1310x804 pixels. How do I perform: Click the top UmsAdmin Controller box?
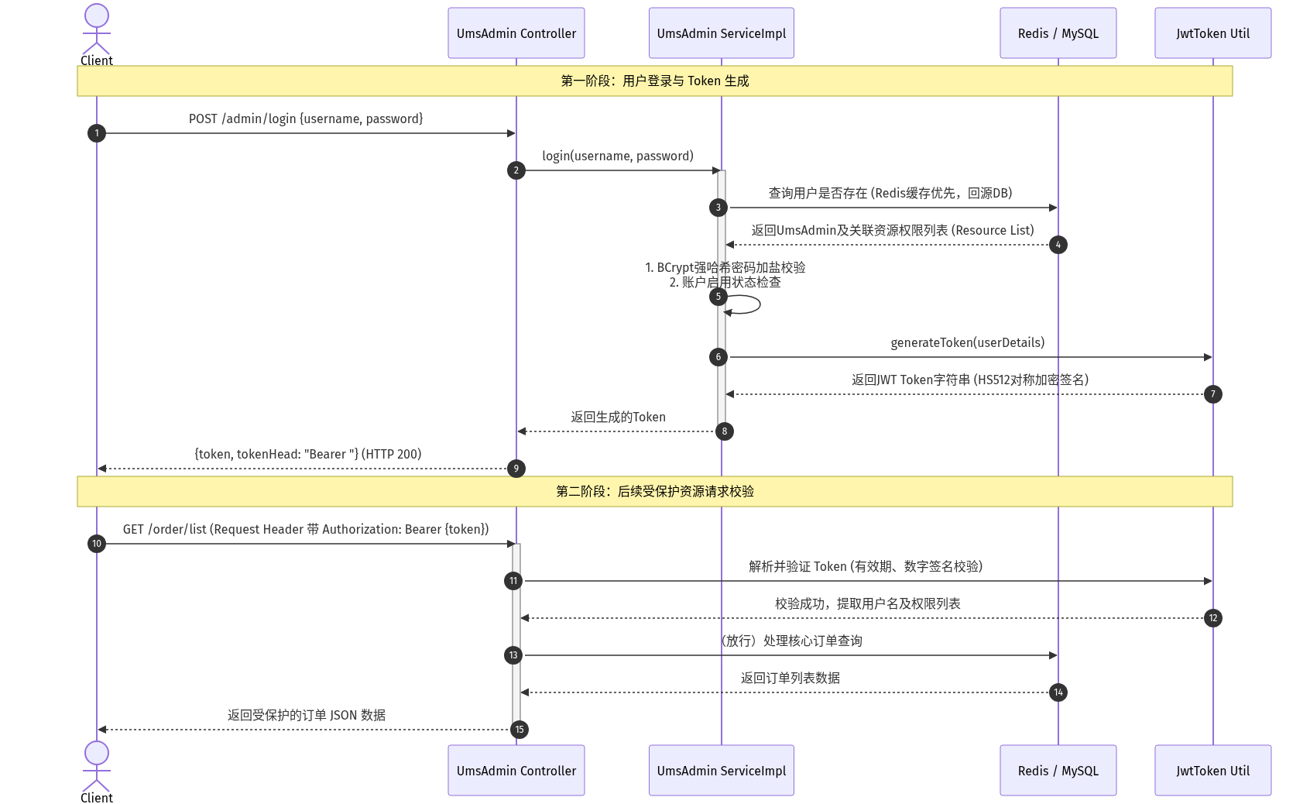click(516, 33)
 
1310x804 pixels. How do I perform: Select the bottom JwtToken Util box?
click(1212, 770)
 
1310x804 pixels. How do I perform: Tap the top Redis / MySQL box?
click(1058, 33)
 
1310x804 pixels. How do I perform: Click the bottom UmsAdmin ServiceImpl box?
click(721, 770)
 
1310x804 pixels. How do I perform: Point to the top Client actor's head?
click(97, 15)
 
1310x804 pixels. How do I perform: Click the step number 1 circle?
click(97, 133)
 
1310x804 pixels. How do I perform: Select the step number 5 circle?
click(718, 297)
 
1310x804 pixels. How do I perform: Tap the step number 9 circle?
click(516, 469)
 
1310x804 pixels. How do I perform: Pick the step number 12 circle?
click(1213, 618)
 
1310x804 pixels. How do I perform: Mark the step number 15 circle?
click(520, 730)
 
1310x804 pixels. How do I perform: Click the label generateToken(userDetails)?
click(967, 343)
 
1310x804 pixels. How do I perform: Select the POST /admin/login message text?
click(305, 119)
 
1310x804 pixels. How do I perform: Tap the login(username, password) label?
click(618, 156)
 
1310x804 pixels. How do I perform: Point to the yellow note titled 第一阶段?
click(654, 81)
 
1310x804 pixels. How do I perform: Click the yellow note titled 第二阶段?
click(654, 492)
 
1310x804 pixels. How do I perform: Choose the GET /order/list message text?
click(305, 530)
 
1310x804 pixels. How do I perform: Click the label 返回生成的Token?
click(618, 417)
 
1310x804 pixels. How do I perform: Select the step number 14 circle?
click(1058, 692)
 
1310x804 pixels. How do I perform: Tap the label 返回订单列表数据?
click(790, 679)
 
